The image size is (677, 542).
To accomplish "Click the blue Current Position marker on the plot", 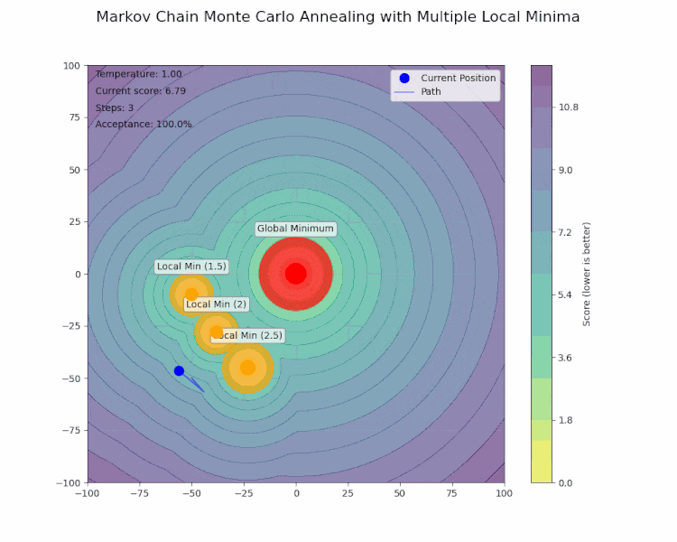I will coord(179,370).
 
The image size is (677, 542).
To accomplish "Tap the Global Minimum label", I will coord(295,229).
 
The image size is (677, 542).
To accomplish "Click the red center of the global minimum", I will coord(295,273).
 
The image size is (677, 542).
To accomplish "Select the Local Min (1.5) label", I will coord(191,266).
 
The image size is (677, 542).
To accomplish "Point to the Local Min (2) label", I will coord(216,304).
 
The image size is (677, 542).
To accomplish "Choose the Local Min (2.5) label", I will coord(246,335).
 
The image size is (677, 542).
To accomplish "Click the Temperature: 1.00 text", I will coord(138,74).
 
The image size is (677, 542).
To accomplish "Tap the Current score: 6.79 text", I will coord(140,90).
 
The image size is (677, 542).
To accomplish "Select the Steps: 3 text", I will coord(114,107).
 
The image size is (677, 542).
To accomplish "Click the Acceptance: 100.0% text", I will coord(144,124).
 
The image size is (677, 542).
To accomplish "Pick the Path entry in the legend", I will coord(431,91).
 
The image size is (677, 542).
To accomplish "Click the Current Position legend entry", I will coord(458,78).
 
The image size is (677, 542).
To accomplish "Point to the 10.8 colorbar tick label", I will coord(569,107).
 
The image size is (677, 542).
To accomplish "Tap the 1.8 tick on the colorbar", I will coord(566,420).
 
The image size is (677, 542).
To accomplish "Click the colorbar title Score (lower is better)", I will coord(587,274).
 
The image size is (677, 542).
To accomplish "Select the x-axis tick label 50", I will coord(400,493).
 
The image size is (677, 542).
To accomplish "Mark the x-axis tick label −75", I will coord(139,493).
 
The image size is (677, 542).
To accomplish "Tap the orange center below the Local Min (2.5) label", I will coord(247,368).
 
